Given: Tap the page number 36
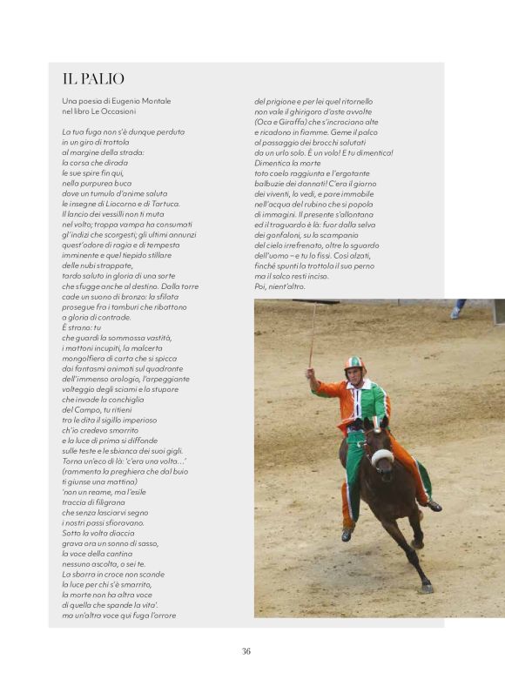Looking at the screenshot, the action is pyautogui.click(x=246, y=650).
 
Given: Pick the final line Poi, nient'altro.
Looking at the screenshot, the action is pyautogui.click(x=280, y=286).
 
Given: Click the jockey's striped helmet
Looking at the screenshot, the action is pyautogui.click(x=353, y=363).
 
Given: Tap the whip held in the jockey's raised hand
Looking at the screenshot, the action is pyautogui.click(x=312, y=335).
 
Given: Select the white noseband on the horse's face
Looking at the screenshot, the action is pyautogui.click(x=381, y=456).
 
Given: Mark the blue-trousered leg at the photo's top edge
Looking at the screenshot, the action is pyautogui.click(x=457, y=306).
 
